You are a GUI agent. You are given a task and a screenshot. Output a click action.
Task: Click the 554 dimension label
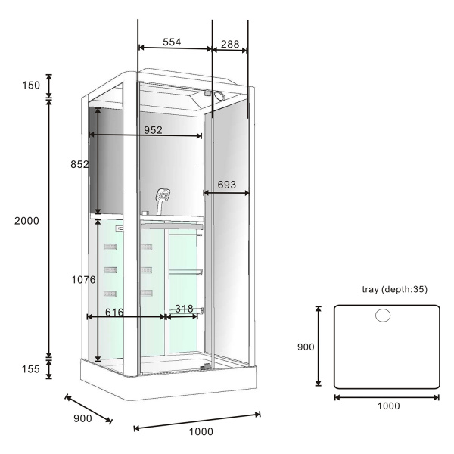point(172,42)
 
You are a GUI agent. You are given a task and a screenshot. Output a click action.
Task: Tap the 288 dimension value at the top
point(230,44)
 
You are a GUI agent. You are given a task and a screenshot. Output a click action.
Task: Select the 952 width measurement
point(153,130)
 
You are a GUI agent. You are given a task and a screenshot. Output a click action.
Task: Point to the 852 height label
point(79,164)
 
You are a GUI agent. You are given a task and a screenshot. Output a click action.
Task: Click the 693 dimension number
point(227,185)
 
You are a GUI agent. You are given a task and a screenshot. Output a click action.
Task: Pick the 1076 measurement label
point(83,279)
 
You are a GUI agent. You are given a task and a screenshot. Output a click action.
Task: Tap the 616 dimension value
point(114,312)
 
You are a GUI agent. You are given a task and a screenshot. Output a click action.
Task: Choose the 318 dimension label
point(184,309)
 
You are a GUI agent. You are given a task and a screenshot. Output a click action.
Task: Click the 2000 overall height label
point(26,221)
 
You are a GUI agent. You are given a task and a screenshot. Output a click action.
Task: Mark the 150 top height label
point(31,86)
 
